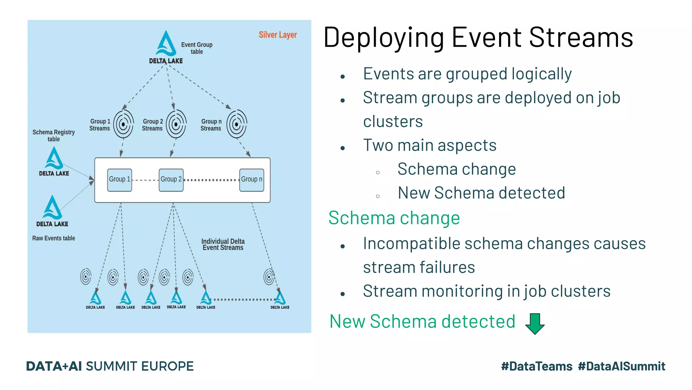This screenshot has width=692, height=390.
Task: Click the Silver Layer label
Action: pyautogui.click(x=277, y=35)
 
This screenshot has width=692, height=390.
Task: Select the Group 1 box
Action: pyautogui.click(x=120, y=180)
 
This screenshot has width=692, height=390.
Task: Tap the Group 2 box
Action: pyautogui.click(x=171, y=180)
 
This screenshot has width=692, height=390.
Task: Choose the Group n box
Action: pyautogui.click(x=251, y=180)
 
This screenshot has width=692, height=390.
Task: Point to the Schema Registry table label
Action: pyautogui.click(x=53, y=135)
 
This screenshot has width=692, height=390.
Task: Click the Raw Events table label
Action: pyautogui.click(x=54, y=238)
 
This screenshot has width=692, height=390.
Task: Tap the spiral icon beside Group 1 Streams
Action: pyautogui.click(x=123, y=124)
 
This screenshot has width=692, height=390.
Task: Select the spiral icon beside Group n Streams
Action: pyautogui.click(x=237, y=124)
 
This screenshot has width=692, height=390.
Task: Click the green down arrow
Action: pyautogui.click(x=535, y=323)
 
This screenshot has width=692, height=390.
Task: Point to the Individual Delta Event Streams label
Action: pyautogui.click(x=223, y=244)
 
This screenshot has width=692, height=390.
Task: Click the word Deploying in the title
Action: pyautogui.click(x=384, y=38)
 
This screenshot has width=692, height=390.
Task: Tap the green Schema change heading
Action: pyautogui.click(x=394, y=218)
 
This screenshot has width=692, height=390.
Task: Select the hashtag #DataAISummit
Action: pyautogui.click(x=621, y=366)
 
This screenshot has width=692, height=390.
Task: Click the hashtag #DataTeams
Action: pyautogui.click(x=537, y=366)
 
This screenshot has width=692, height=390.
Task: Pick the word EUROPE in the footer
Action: pyautogui.click(x=167, y=366)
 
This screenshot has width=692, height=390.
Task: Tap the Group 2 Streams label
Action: pyautogui.click(x=152, y=125)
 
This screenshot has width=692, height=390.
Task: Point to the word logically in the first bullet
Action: pyautogui.click(x=542, y=74)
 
